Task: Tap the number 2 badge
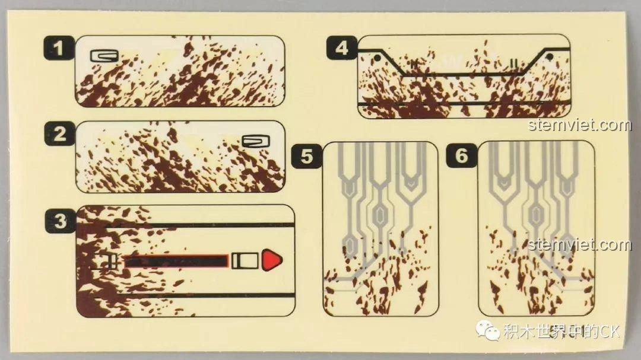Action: point(60,133)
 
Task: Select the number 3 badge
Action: point(61,221)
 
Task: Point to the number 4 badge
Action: point(342,48)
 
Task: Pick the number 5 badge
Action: point(307,156)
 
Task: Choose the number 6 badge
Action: point(462,155)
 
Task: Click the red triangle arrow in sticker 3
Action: point(272,260)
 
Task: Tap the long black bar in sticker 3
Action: point(176,261)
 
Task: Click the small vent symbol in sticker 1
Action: point(104,56)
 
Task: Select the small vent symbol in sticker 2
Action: point(256,141)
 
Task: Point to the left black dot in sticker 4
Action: point(377,59)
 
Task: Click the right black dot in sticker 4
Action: point(550,57)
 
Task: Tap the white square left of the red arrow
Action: point(245,261)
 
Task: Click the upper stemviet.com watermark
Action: point(580,125)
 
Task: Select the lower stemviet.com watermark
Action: point(580,245)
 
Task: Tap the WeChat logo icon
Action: point(487,330)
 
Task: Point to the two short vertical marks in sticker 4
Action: point(514,63)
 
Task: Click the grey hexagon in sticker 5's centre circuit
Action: point(380,214)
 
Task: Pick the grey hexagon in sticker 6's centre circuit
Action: point(535,214)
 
